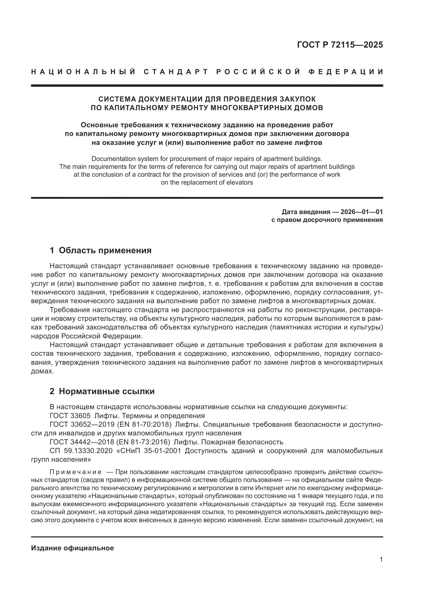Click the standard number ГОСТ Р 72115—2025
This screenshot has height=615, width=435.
(340, 45)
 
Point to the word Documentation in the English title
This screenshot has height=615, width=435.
(110, 159)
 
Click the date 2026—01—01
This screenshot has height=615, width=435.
(362, 212)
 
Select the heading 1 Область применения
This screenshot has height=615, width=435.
(100, 251)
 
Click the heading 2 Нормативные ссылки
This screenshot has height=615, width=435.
(102, 391)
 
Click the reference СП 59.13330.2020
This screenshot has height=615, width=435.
(81, 451)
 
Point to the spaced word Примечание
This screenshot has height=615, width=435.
(75, 472)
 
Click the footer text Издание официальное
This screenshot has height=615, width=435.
(72, 548)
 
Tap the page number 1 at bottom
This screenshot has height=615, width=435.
(381, 560)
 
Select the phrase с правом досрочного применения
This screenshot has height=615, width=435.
(327, 220)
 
